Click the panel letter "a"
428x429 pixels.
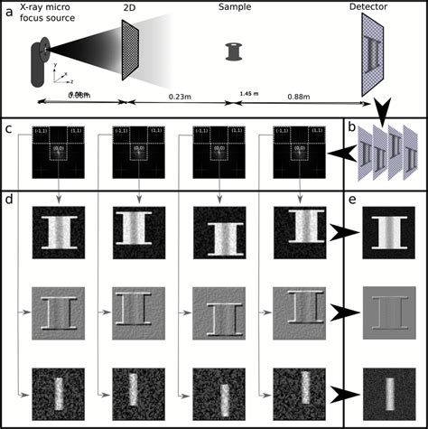(8, 8)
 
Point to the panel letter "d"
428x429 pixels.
(8, 195)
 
